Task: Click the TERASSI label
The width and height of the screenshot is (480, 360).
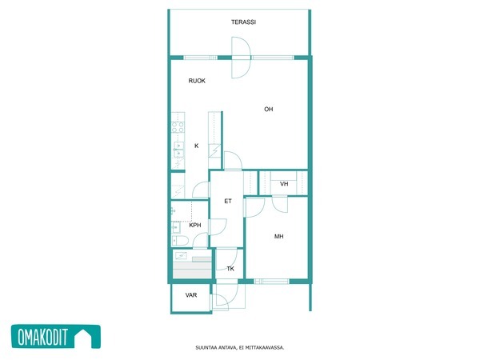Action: [x=243, y=22]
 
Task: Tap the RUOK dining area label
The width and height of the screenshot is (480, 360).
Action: [x=197, y=81]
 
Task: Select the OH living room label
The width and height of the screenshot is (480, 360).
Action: [x=269, y=110]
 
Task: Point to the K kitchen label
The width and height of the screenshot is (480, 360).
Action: [x=197, y=146]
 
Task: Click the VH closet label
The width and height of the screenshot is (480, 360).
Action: [x=284, y=184]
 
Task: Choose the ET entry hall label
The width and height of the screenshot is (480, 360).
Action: [x=228, y=201]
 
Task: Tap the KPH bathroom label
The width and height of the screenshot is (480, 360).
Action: [x=195, y=226]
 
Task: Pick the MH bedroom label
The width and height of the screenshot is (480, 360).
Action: [x=278, y=236]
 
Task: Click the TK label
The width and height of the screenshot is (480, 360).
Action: [x=230, y=269]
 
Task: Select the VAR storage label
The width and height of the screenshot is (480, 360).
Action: [x=191, y=295]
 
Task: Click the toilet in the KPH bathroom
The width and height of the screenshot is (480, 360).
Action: [x=180, y=241]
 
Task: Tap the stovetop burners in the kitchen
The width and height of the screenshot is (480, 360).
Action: [x=178, y=127]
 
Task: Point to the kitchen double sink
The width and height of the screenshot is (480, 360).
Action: [x=178, y=150]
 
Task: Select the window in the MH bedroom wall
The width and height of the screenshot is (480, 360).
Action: [x=271, y=282]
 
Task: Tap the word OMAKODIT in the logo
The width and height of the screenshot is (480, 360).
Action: [x=42, y=337]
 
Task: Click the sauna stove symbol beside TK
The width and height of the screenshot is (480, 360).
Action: [x=182, y=255]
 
